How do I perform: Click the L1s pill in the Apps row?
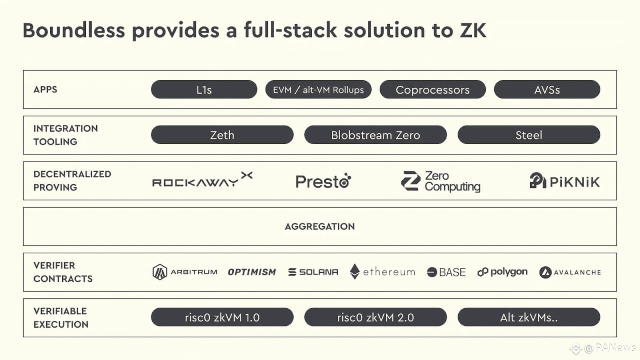pos(204,89)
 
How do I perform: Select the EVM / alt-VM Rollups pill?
pos(318,89)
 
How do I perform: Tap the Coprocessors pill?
pos(432,89)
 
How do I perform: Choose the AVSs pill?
pos(547,89)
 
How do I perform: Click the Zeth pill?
pos(222,135)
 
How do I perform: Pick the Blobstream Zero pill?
pos(376,135)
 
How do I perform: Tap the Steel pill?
pos(529,135)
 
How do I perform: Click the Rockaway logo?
pos(202,180)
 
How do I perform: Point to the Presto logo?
pos(323,181)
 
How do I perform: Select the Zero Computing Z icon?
pos(411,181)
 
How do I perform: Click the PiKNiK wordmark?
pos(575,182)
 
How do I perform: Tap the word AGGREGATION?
pos(320,227)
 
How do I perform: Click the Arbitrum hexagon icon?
pos(160,272)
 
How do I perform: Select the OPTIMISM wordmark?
pos(252,272)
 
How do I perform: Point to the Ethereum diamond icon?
pos(355,272)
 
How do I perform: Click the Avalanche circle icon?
pos(545,272)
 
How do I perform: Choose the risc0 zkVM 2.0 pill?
pos(376,317)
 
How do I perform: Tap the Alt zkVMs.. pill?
pos(529,317)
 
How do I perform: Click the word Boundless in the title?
pos(74,30)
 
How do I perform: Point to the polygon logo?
pos(503,272)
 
